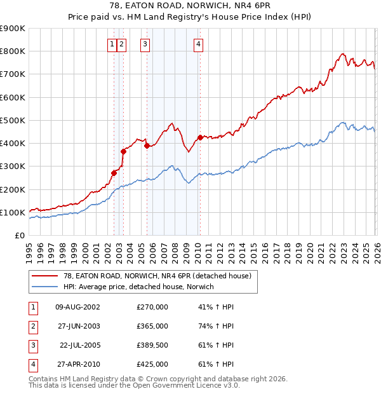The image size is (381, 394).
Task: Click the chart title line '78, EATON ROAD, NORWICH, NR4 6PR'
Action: (190, 6)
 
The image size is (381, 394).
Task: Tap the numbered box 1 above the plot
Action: (112, 44)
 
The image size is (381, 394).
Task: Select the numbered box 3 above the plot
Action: (145, 44)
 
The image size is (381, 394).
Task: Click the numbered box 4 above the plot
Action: (199, 44)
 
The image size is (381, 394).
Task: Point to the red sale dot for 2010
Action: (200, 137)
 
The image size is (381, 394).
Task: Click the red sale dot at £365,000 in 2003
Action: (123, 151)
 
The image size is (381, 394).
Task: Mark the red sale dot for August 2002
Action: (114, 173)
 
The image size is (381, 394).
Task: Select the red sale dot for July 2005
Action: (147, 146)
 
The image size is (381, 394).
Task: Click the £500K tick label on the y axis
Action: (13, 120)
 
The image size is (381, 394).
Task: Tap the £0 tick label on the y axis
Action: (19, 236)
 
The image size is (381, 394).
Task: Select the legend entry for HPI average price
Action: (138, 287)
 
